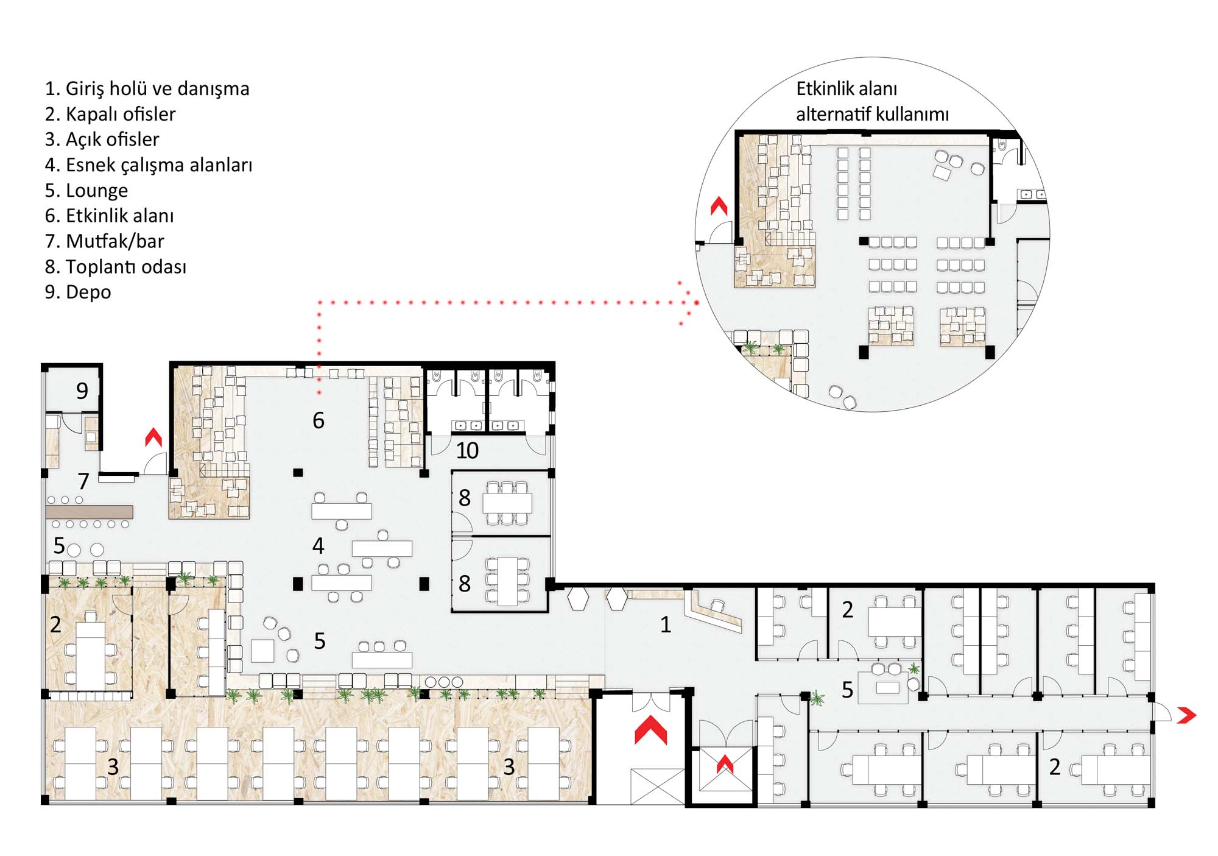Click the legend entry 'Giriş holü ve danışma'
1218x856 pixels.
point(157,89)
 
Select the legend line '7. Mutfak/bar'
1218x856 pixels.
point(104,241)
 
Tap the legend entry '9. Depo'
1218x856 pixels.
point(78,292)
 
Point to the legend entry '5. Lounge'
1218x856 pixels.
point(86,191)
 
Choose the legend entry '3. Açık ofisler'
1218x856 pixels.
point(102,140)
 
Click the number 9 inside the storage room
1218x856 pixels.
point(82,391)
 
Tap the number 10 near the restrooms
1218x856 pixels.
point(467,451)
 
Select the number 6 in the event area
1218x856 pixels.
point(319,420)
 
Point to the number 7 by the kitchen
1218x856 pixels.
point(83,481)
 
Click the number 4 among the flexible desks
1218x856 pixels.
point(318,546)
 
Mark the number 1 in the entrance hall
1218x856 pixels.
point(666,624)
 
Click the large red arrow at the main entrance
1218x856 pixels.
point(650,730)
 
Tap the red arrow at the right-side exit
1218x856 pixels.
point(1186,715)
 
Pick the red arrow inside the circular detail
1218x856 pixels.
point(719,206)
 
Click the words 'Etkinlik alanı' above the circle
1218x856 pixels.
point(847,89)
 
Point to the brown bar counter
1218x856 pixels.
point(90,512)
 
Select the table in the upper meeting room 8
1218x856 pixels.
point(507,503)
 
